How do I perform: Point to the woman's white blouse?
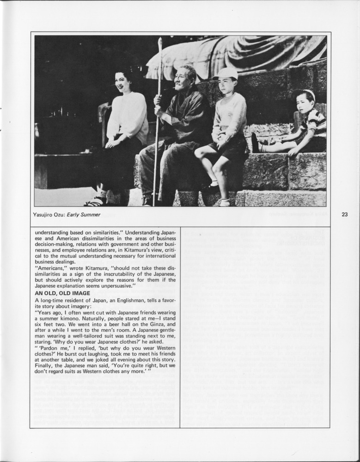click(x=127, y=118)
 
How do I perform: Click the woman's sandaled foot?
click(x=95, y=202)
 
